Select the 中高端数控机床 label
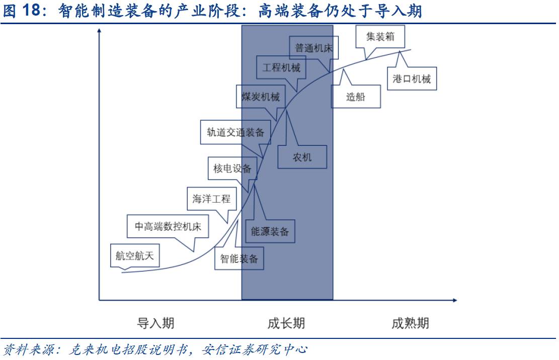[168, 227]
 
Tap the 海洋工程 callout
[211, 199]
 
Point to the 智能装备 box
[239, 259]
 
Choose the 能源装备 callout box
[270, 232]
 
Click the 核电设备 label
[232, 168]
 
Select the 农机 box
[302, 157]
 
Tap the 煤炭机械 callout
[260, 97]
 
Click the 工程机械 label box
[281, 67]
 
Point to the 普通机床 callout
[314, 48]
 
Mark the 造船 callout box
[355, 97]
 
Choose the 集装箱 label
[380, 37]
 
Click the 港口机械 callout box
[412, 79]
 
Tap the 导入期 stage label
[156, 323]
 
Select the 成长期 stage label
[286, 323]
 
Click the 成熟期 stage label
[410, 323]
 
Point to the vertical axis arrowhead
[99, 31]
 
